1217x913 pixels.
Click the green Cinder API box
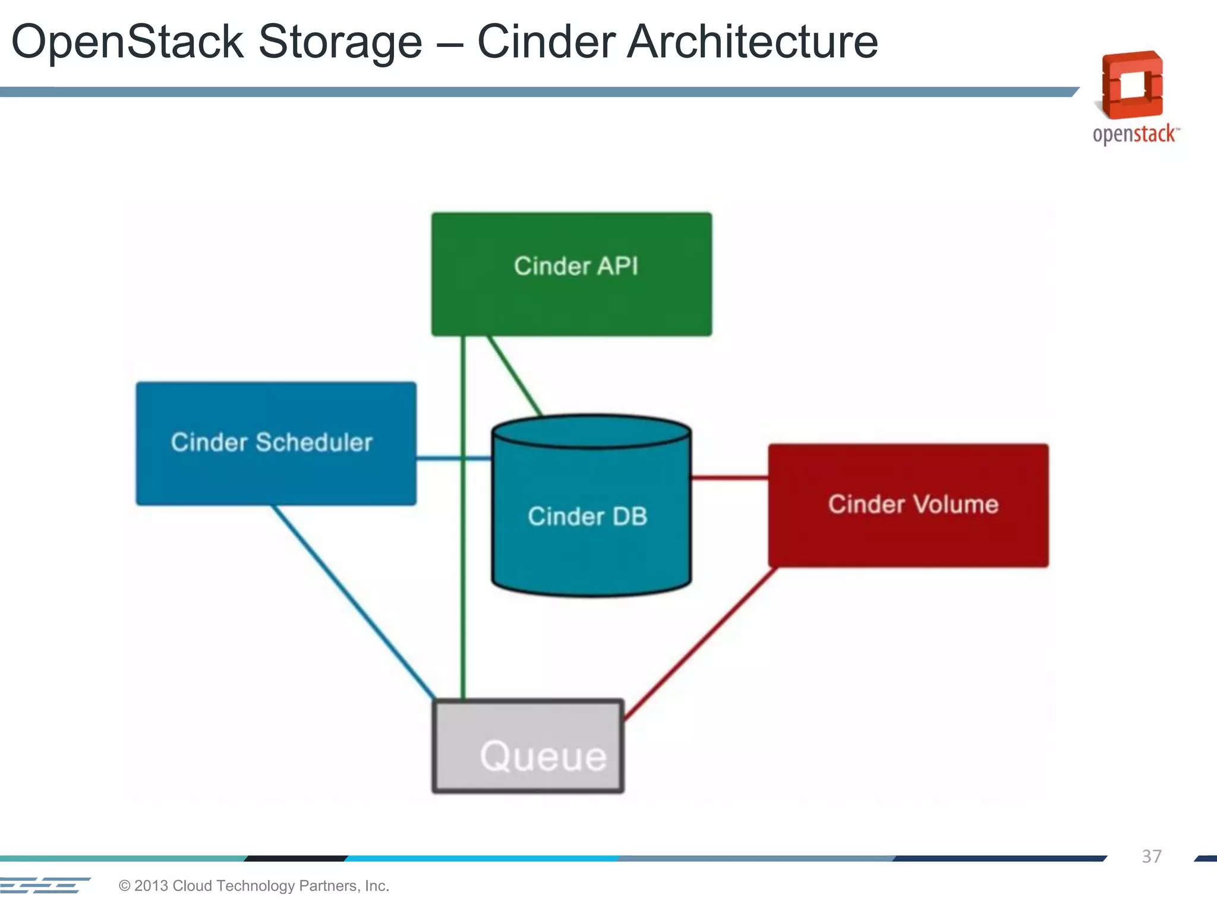click(571, 275)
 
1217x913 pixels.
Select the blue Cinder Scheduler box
click(276, 444)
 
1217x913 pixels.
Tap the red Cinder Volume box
click(908, 505)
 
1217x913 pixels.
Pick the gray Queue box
click(528, 747)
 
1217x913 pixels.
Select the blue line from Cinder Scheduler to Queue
click(354, 602)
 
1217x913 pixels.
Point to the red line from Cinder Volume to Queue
click(700, 644)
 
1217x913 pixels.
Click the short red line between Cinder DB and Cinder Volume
click(730, 477)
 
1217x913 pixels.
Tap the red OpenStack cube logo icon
click(1133, 85)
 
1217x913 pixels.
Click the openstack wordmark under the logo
click(1134, 134)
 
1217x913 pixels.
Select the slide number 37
click(1151, 857)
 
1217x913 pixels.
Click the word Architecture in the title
click(752, 42)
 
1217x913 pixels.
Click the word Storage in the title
click(340, 42)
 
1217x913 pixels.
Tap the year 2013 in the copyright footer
click(151, 886)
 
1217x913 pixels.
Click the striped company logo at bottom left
click(45, 885)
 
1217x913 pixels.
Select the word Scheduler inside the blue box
click(314, 443)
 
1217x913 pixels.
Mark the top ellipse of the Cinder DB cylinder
click(591, 432)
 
